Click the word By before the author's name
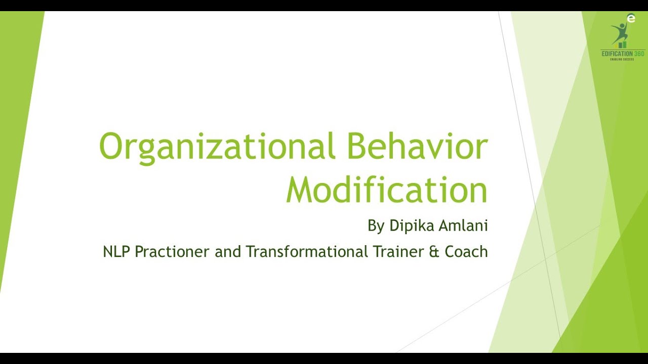[376, 226]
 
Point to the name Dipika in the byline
[409, 226]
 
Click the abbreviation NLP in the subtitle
[116, 251]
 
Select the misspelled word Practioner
[173, 252]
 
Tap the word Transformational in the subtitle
[307, 251]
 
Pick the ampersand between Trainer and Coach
[434, 252]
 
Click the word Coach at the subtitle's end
[466, 251]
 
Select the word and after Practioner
[228, 251]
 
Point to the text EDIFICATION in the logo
[616, 54]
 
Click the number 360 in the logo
[639, 54]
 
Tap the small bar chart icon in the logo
[622, 45]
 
